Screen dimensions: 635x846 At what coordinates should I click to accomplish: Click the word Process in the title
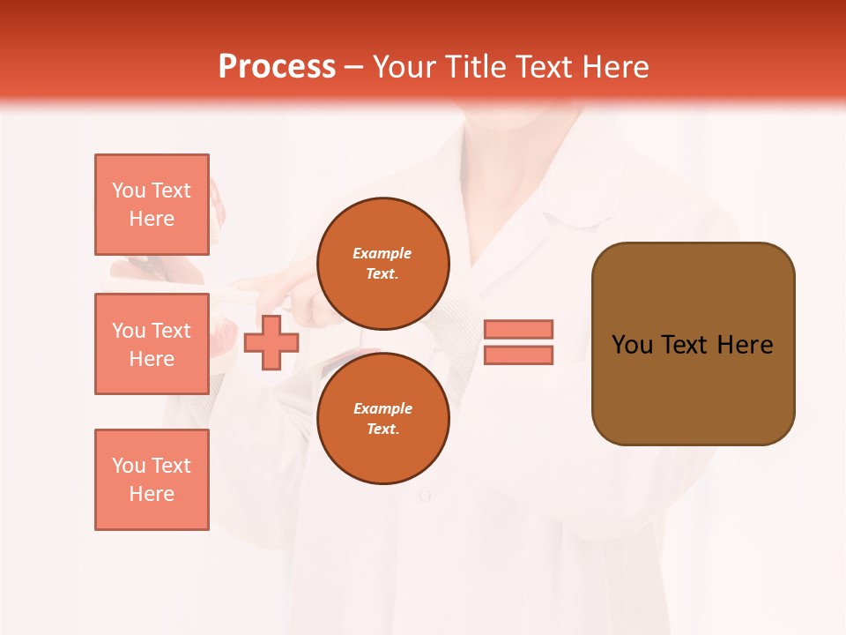pyautogui.click(x=277, y=67)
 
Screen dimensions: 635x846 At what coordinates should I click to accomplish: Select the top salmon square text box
pyautogui.click(x=152, y=205)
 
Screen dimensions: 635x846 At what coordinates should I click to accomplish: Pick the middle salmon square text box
pyautogui.click(x=152, y=344)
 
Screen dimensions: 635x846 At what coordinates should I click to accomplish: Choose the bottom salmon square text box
pyautogui.click(x=152, y=480)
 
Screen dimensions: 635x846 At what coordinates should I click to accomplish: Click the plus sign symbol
pyautogui.click(x=271, y=342)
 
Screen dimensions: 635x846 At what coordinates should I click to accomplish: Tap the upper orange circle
pyautogui.click(x=382, y=264)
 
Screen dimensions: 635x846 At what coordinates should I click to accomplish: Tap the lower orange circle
pyautogui.click(x=382, y=419)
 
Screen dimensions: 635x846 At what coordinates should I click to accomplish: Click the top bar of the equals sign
pyautogui.click(x=519, y=329)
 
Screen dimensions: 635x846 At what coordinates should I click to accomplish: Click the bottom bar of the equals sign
pyautogui.click(x=519, y=355)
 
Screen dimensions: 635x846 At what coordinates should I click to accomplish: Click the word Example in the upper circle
pyautogui.click(x=382, y=253)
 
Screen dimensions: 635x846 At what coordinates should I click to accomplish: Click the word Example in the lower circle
pyautogui.click(x=382, y=408)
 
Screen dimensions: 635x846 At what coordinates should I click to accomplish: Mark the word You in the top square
pyautogui.click(x=129, y=190)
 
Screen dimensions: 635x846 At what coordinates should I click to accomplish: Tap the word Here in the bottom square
pyautogui.click(x=152, y=494)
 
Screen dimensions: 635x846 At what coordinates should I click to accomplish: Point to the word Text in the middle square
pyautogui.click(x=171, y=331)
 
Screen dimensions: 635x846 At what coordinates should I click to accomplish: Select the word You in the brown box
pyautogui.click(x=632, y=345)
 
